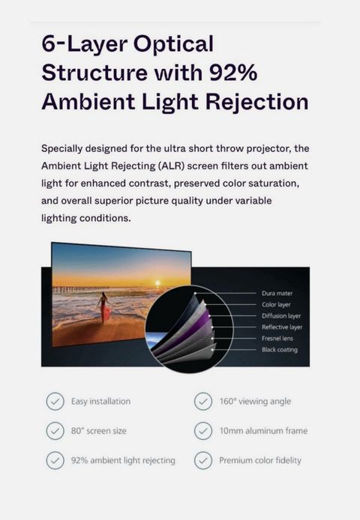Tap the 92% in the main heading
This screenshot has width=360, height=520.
pyautogui.click(x=233, y=72)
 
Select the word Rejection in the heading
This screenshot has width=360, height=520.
pyautogui.click(x=257, y=103)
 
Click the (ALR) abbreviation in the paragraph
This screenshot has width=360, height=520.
pyautogui.click(x=171, y=166)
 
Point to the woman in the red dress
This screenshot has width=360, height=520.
pyautogui.click(x=104, y=307)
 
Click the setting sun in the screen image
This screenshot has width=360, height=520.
pyautogui.click(x=157, y=283)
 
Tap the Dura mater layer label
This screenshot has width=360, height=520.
pyautogui.click(x=277, y=293)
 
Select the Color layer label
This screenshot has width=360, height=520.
pyautogui.click(x=276, y=304)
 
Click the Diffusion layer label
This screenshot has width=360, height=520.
pyautogui.click(x=281, y=315)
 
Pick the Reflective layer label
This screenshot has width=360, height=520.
pyautogui.click(x=282, y=327)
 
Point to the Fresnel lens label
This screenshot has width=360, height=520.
pyautogui.click(x=277, y=338)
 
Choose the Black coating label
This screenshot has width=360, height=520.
pyautogui.click(x=280, y=350)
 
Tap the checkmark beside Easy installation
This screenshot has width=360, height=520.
pyautogui.click(x=55, y=402)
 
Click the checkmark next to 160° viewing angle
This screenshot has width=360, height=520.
pyautogui.click(x=203, y=402)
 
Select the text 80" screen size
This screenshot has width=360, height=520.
pyautogui.click(x=99, y=431)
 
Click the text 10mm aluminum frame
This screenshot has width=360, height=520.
pyautogui.click(x=263, y=431)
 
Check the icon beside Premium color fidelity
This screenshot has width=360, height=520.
pyautogui.click(x=203, y=460)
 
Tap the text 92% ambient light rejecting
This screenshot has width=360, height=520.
pyautogui.click(x=123, y=461)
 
